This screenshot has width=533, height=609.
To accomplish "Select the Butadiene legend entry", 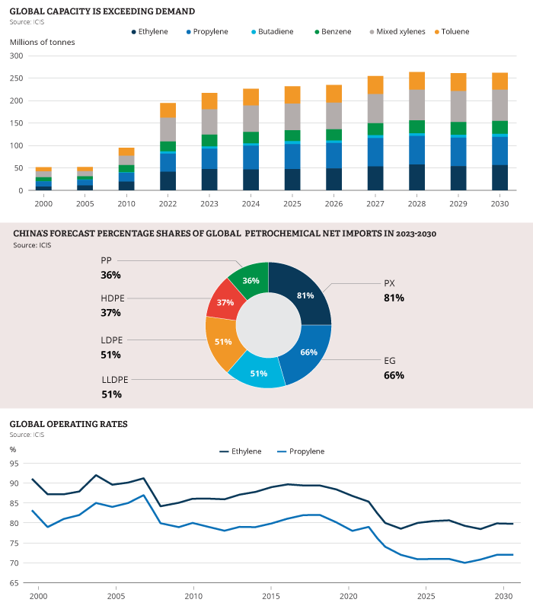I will click(x=275, y=32).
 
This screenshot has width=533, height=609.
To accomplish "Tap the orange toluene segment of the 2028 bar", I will click(x=417, y=81).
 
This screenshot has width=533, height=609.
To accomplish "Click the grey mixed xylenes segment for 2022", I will click(x=168, y=129).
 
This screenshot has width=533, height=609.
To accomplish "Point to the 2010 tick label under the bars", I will click(x=126, y=203).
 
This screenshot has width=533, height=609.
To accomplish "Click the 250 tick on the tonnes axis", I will click(x=18, y=56).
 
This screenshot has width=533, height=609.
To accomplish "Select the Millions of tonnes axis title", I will click(x=42, y=42).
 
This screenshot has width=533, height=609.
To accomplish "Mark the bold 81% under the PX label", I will click(x=394, y=298).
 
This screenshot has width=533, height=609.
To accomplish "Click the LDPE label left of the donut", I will click(x=111, y=340).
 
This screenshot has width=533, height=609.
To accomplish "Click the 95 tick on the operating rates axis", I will click(x=14, y=464).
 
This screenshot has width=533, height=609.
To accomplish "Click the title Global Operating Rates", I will click(x=68, y=423).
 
